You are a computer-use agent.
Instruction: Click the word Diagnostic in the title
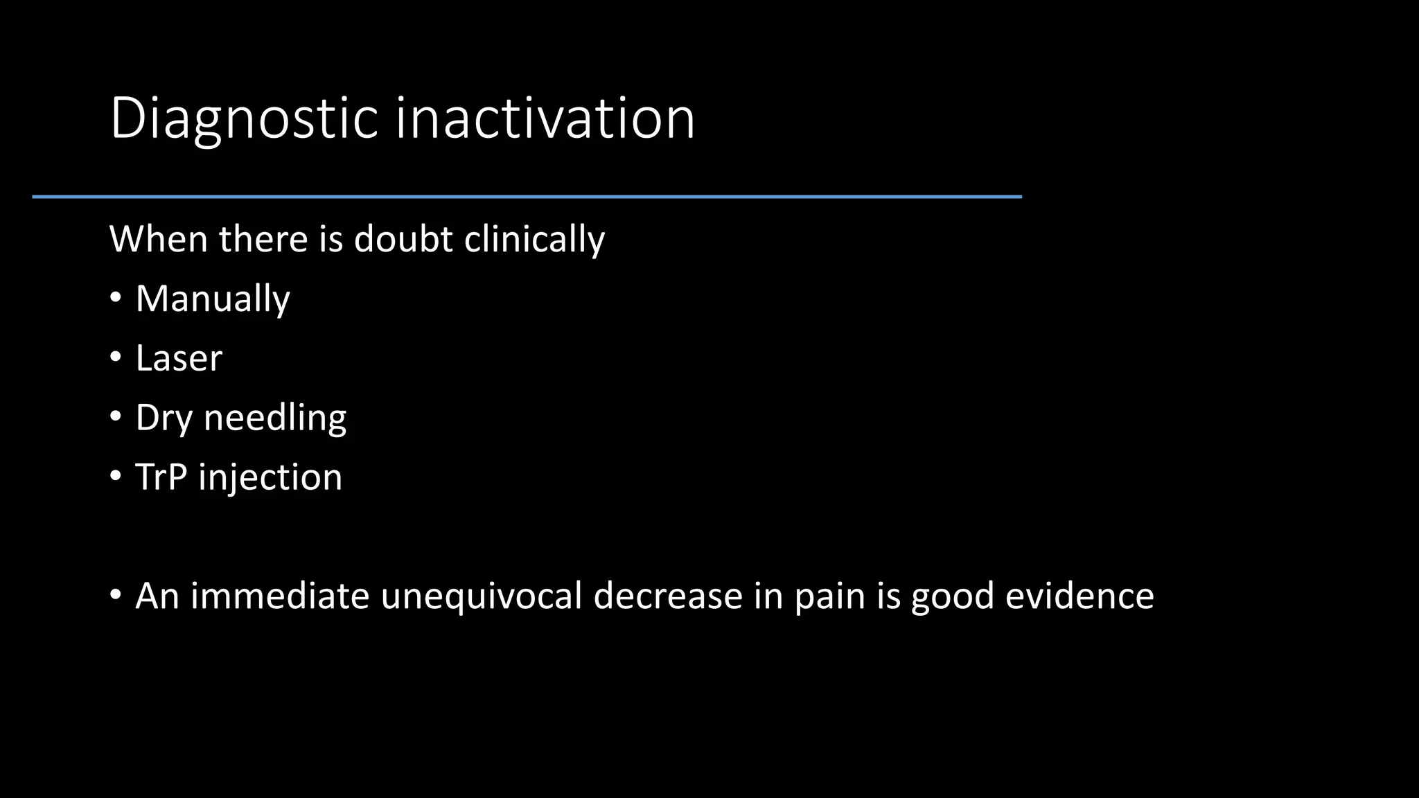pos(244,119)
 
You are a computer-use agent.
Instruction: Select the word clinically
pos(534,240)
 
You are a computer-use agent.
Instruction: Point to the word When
pos(159,239)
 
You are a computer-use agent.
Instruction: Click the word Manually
pos(212,299)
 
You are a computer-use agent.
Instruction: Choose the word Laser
pos(179,358)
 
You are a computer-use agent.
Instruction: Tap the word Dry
pos(164,418)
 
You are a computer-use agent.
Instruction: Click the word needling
pos(274,418)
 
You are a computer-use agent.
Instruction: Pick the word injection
pos(270,478)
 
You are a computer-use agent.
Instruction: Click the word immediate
pos(280,596)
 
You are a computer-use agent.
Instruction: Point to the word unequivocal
pos(482,596)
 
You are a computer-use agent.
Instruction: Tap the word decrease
pos(668,596)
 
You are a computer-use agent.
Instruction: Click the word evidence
pos(1079,596)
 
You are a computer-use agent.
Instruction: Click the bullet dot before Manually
pos(116,299)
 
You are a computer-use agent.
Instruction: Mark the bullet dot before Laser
pos(116,358)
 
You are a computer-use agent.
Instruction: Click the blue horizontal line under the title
pos(527,197)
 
